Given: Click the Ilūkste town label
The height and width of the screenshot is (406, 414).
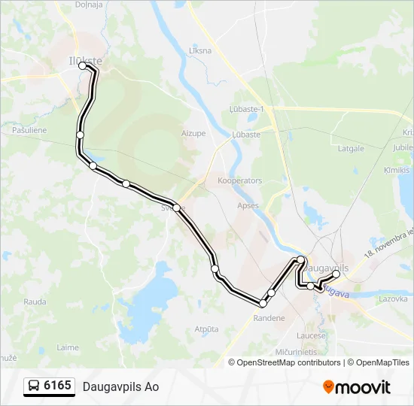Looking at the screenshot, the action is (86, 59).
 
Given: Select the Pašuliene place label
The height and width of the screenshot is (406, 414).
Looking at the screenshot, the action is (30, 130).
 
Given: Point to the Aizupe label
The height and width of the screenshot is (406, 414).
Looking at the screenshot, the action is (193, 133).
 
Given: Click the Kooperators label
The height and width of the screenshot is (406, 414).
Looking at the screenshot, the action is (239, 181).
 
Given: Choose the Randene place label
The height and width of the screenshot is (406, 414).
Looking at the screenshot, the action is (269, 318).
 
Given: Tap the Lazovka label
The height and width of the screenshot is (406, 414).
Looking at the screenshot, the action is (393, 298).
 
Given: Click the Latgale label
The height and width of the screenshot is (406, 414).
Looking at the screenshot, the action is (351, 149).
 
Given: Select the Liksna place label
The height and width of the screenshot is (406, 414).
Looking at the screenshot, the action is (201, 51).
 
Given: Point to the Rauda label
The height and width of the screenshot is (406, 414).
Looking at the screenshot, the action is (35, 301).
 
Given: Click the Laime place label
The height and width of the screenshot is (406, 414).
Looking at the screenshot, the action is (68, 347).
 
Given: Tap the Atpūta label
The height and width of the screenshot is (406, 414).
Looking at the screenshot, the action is (206, 329).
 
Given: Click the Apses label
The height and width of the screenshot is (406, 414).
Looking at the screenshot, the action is (247, 205).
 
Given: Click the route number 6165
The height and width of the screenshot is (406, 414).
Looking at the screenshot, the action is (58, 386).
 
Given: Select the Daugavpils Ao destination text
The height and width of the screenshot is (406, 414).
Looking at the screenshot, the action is (121, 387).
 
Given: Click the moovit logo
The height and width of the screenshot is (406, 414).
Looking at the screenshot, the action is (357, 387).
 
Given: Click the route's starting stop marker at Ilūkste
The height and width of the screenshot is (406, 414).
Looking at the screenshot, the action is (84, 67).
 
